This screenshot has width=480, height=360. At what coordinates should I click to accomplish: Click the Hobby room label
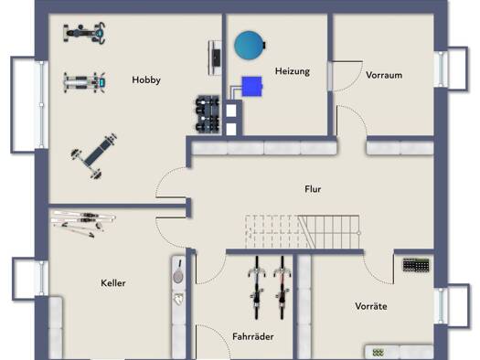click(146, 80)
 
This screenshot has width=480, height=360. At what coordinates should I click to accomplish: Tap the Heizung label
click(293, 71)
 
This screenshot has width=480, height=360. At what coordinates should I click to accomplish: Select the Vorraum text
click(384, 75)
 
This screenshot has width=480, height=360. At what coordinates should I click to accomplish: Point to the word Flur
click(313, 189)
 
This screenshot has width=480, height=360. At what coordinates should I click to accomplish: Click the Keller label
click(113, 283)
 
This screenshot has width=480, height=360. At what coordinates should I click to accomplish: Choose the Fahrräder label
click(253, 337)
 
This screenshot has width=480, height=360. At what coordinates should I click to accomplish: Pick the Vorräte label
click(371, 306)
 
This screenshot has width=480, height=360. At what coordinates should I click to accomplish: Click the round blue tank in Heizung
click(250, 46)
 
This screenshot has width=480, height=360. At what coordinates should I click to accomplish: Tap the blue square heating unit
click(251, 87)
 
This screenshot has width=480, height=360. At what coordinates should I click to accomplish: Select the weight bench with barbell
click(94, 155)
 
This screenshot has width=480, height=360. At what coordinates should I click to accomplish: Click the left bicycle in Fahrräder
click(257, 288)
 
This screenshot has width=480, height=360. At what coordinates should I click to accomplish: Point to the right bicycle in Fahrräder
click(283, 288)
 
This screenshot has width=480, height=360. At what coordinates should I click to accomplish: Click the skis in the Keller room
click(83, 223)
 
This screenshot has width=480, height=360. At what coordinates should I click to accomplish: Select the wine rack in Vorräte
click(416, 265)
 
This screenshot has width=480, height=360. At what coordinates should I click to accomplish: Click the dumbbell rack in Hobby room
click(208, 114)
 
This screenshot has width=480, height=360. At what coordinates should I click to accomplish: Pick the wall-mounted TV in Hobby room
click(215, 58)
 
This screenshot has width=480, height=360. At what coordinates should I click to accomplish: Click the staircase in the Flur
click(302, 232)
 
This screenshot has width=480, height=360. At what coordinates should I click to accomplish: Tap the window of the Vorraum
click(441, 69)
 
